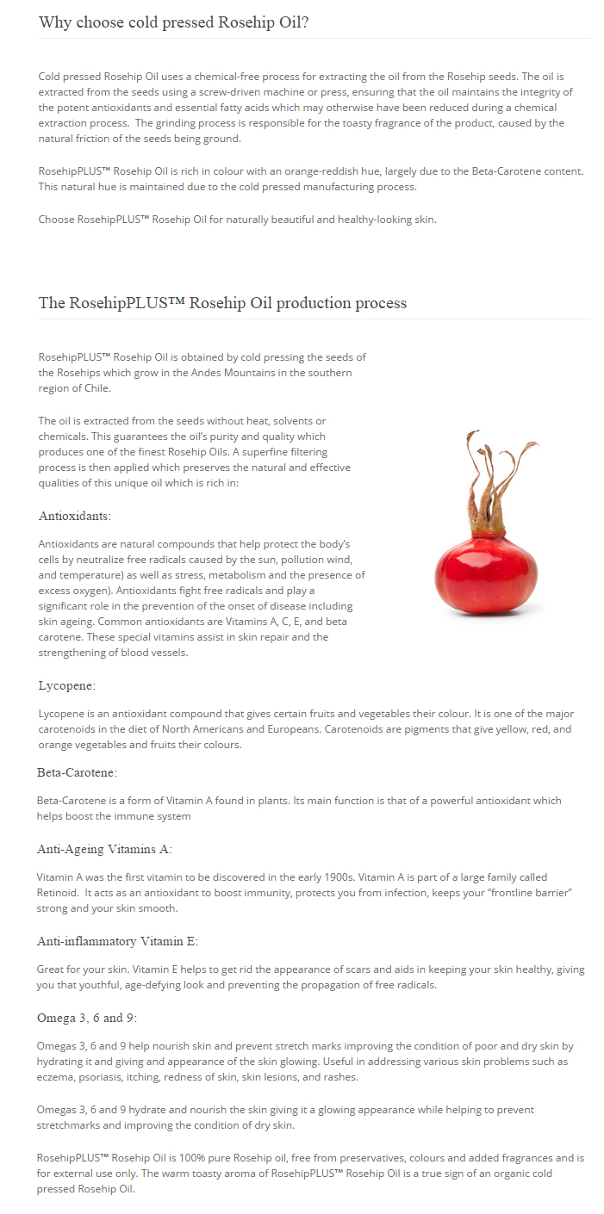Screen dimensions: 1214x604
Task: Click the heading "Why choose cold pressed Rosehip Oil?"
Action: click(173, 22)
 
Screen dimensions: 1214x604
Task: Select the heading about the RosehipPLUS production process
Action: click(222, 303)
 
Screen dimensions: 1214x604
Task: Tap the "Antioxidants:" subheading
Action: click(75, 516)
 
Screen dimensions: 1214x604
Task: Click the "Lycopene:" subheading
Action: click(67, 685)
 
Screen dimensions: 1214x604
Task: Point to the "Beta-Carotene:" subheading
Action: click(77, 772)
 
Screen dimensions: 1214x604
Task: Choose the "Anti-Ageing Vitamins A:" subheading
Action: click(104, 849)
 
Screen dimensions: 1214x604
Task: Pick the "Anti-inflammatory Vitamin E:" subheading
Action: click(117, 941)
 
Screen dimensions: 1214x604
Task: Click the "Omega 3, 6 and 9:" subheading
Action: click(87, 1018)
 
